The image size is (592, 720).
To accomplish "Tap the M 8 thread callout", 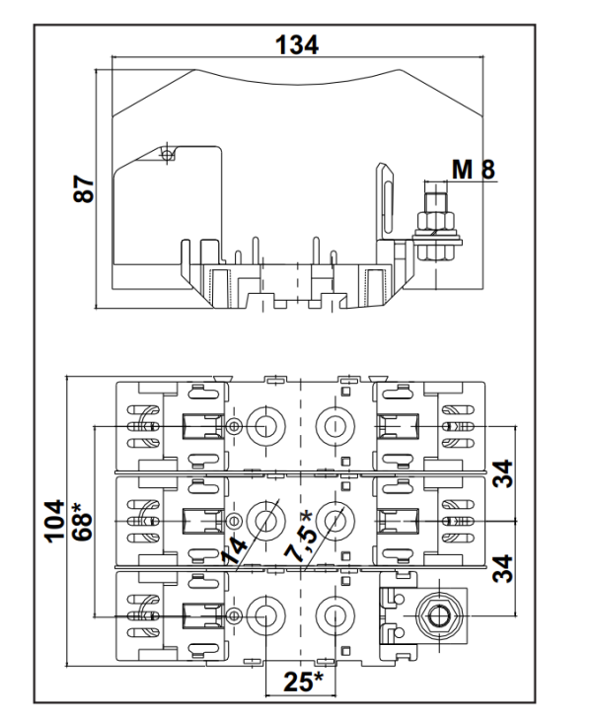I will point(474,170).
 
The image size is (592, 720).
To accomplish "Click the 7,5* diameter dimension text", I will point(299,538).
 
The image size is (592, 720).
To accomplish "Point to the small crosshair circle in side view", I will point(168,155).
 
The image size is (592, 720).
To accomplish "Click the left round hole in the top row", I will point(263,427).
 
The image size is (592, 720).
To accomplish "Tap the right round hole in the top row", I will point(333,427).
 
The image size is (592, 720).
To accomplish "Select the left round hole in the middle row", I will point(263,519).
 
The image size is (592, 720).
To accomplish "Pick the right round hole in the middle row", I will point(333,519).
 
